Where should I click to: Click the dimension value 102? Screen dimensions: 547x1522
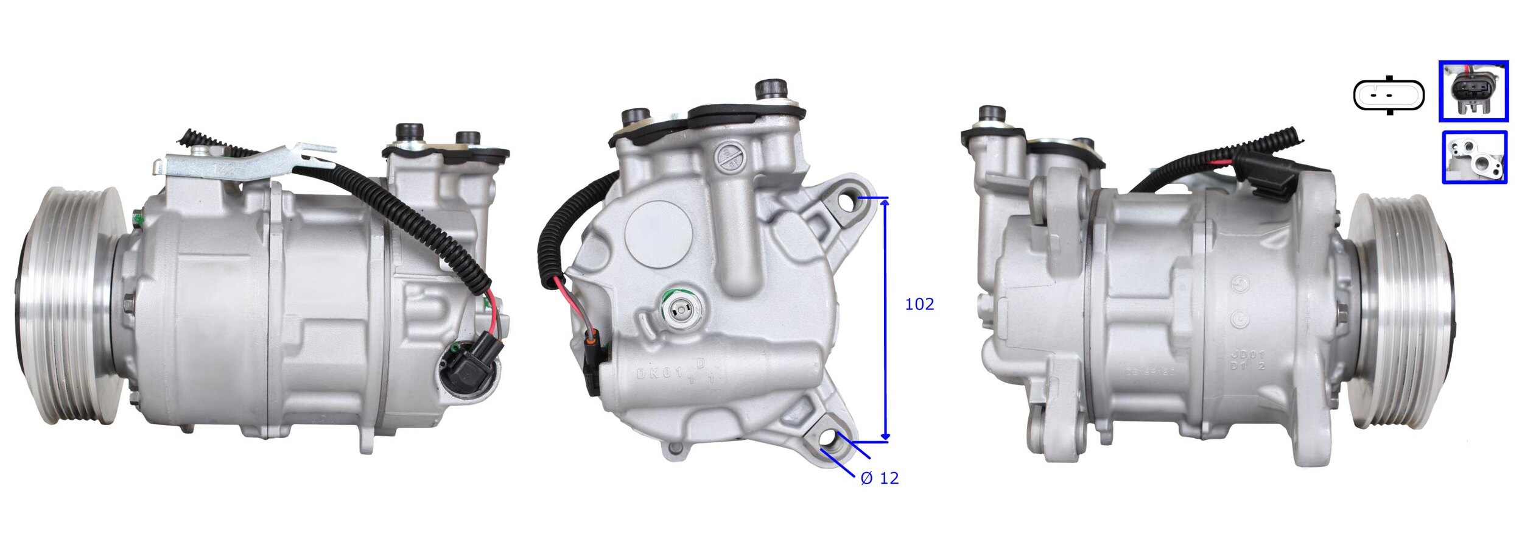919,304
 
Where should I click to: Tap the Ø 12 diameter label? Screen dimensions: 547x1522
879,478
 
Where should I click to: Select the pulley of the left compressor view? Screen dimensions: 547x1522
67,305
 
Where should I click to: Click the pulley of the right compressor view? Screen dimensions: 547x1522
1400,311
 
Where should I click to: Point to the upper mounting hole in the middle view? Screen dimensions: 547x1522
847,200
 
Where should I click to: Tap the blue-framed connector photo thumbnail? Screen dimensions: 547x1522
1473,91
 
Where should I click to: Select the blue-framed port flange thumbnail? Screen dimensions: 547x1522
1474,157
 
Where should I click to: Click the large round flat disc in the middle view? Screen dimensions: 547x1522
658,231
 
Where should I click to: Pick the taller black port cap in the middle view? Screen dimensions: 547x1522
771,90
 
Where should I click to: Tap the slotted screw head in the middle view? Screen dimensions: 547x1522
729,157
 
